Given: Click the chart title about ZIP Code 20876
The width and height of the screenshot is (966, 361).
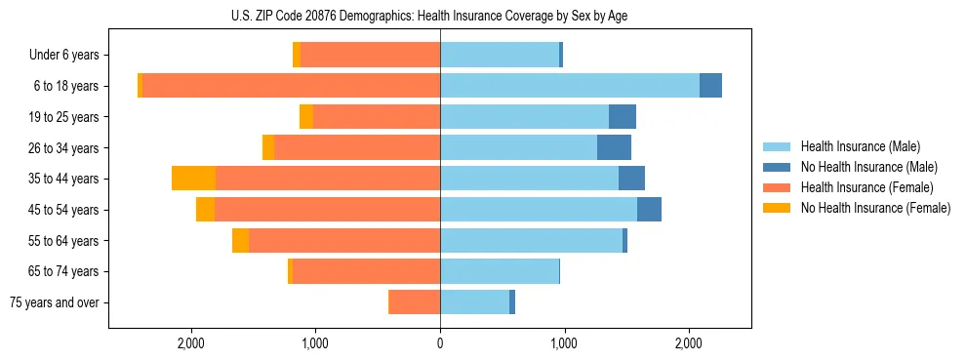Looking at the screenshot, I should point(440,16).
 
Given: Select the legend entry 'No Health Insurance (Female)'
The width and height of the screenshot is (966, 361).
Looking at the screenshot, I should point(875,208).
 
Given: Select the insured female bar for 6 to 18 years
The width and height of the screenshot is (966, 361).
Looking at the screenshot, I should point(291,86).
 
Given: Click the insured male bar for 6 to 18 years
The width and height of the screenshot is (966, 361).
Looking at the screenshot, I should point(570,86).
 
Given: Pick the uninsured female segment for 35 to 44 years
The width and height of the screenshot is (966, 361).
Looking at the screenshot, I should point(193,179).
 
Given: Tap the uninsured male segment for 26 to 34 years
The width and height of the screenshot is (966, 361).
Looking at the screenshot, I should point(614,147).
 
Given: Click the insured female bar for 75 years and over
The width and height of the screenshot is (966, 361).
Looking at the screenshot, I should point(414,302).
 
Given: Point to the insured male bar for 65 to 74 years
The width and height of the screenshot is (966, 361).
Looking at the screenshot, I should point(500,271).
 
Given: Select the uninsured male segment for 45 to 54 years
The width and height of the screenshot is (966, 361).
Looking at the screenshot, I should point(649,210).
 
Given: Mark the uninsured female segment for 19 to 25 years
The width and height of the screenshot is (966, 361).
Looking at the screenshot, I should point(306,117).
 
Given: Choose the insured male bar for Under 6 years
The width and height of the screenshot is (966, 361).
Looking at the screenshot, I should point(500,56).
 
